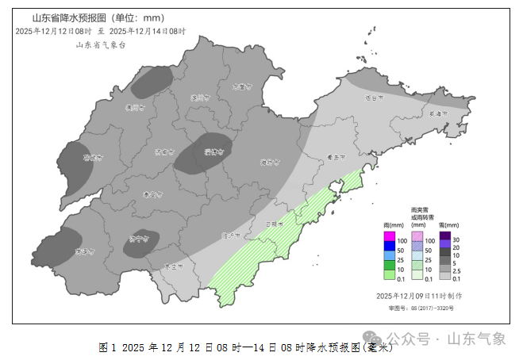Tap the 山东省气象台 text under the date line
(x=101, y=45)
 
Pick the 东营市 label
(x=243, y=86)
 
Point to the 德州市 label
(x=135, y=107)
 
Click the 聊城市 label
(x=94, y=158)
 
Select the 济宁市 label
(x=138, y=237)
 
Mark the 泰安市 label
(x=152, y=194)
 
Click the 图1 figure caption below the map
(x=246, y=347)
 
